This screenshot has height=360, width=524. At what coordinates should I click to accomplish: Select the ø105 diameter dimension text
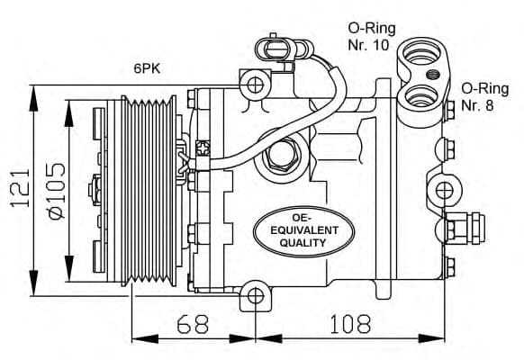(53, 189)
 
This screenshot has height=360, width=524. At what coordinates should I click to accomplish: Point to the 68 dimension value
(184, 322)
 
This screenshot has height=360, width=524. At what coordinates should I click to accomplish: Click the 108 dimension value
(348, 322)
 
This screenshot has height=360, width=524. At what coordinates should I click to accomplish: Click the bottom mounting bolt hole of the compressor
(255, 295)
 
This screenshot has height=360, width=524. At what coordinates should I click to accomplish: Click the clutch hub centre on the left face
(95, 191)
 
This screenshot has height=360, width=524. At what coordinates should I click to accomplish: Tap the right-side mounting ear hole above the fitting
(444, 190)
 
